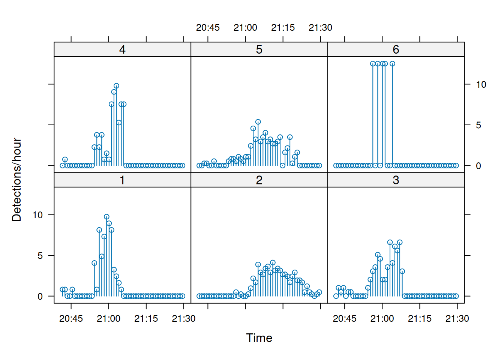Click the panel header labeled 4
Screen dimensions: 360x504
122,49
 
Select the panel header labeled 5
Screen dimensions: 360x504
259,49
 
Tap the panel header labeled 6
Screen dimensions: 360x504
396,49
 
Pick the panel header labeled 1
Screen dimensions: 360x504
122,180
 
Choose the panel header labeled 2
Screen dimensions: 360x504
259,180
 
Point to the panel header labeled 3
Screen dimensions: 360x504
396,180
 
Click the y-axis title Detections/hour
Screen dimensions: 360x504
16,180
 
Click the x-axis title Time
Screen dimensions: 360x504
259,338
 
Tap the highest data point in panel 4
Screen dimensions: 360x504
116,86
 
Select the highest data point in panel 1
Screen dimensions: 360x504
106,217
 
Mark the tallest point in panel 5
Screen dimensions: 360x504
258,122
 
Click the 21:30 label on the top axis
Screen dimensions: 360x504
320,28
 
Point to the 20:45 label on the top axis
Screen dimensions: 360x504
208,28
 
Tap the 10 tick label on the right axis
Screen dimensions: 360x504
481,85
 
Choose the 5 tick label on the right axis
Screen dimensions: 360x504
478,125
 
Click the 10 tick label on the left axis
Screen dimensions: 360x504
37,215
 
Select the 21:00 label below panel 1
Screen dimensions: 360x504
108,319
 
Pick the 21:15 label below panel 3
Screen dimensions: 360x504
420,319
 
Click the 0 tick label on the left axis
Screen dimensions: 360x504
40,297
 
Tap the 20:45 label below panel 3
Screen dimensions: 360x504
345,319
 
